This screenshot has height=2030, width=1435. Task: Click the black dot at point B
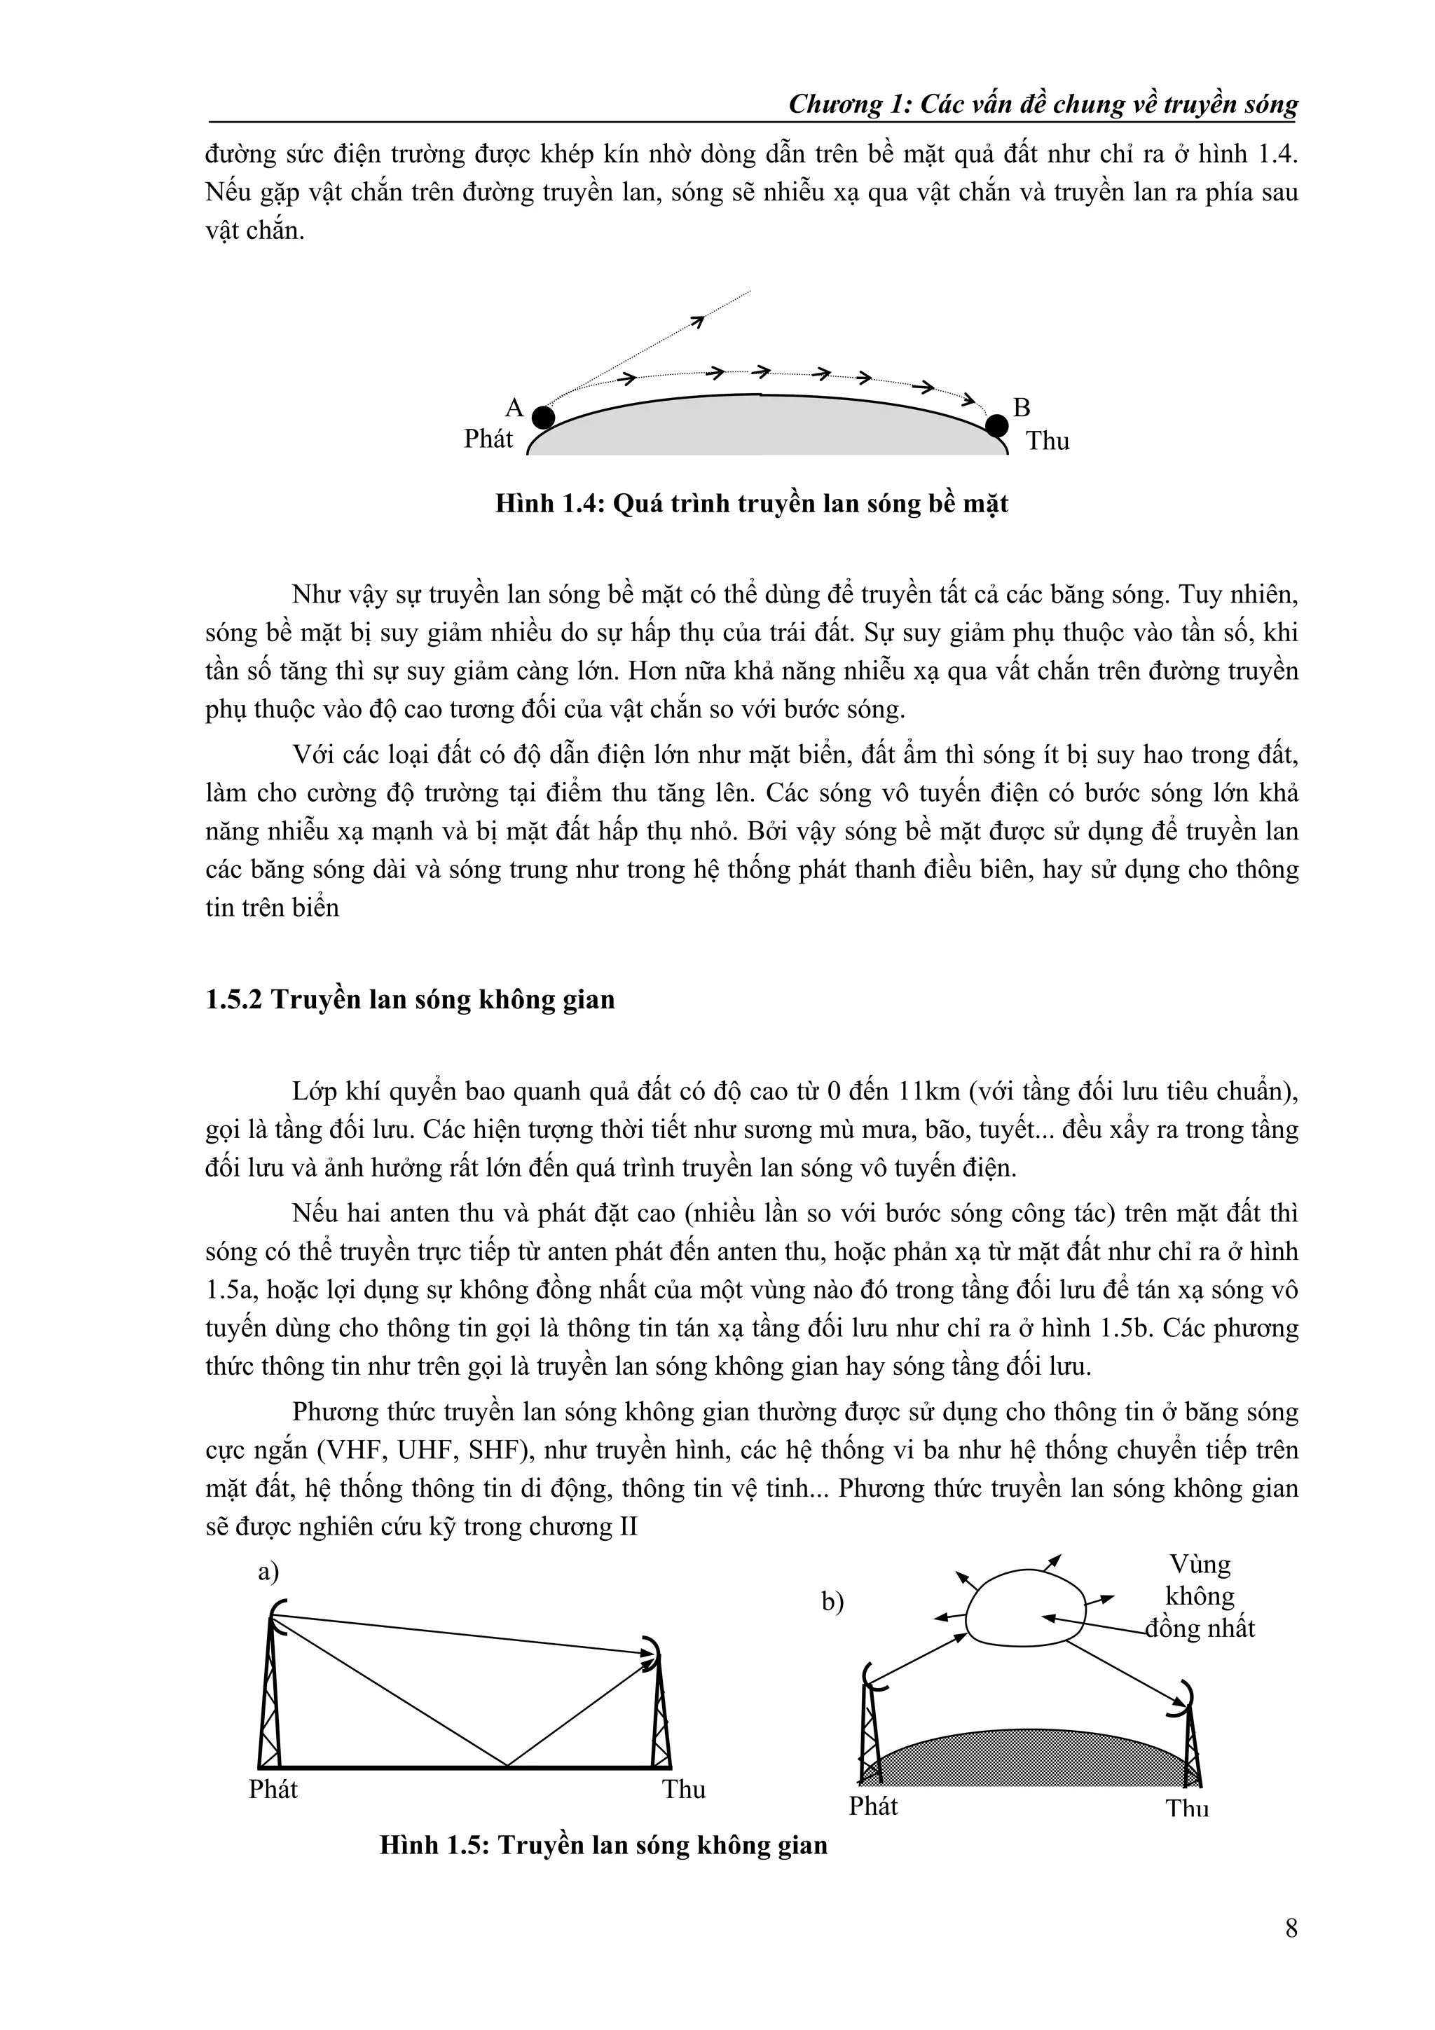pyautogui.click(x=996, y=425)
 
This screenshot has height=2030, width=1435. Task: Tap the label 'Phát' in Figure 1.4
pyautogui.click(x=488, y=439)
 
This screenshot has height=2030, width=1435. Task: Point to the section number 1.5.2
pyautogui.click(x=233, y=1000)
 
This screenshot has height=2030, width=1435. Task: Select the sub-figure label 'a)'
pyautogui.click(x=268, y=1571)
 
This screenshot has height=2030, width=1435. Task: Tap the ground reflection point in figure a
pyautogui.click(x=507, y=1767)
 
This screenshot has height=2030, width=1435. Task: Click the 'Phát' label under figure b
pyautogui.click(x=872, y=1806)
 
